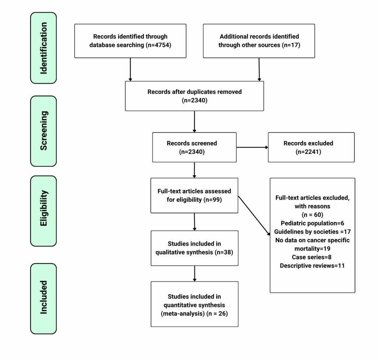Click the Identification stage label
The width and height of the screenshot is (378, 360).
click(x=43, y=48)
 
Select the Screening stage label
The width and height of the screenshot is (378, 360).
click(x=43, y=131)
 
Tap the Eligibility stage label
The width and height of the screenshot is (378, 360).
click(x=43, y=211)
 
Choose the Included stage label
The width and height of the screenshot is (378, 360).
click(x=43, y=298)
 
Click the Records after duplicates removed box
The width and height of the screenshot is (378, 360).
click(x=194, y=96)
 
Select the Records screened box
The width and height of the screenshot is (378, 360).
click(x=194, y=147)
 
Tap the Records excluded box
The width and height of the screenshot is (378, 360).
click(x=311, y=147)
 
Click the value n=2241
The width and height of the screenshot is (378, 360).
click(x=308, y=151)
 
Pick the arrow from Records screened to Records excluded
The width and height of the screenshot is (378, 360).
click(x=252, y=148)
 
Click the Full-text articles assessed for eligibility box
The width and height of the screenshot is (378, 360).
click(x=194, y=195)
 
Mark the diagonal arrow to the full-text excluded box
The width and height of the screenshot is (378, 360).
click(x=254, y=215)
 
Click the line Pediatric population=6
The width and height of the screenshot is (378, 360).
click(x=312, y=224)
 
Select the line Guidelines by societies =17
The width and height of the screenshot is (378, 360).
click(x=312, y=232)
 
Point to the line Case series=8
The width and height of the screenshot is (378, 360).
click(x=312, y=257)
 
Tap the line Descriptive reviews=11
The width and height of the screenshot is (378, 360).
click(x=312, y=266)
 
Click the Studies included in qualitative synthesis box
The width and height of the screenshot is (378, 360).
click(x=194, y=248)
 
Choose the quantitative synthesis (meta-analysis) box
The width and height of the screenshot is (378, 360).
click(x=194, y=304)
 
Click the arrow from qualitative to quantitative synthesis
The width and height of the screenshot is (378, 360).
click(x=194, y=273)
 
